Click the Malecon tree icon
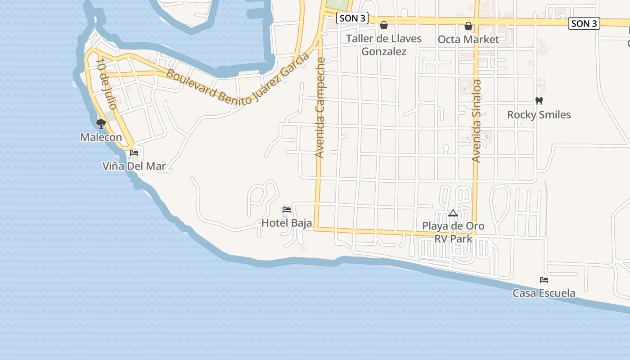coord(101,123)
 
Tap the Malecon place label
coord(101,137)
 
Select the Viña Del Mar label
coord(134,166)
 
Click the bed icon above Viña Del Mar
coord(134,153)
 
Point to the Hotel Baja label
coord(287,223)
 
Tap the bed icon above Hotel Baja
coord(287,209)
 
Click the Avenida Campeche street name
coord(320,108)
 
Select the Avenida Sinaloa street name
coord(477,121)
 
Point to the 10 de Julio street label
coord(106,85)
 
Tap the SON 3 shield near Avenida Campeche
coord(352,18)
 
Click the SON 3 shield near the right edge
coord(584,23)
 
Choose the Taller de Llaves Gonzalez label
coord(384,45)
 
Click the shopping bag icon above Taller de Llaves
coord(384,25)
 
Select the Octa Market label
coord(468,40)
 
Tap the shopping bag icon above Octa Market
coord(468,26)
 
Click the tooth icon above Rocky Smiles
coord(539,101)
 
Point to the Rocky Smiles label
coord(539,115)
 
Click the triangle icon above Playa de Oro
coord(453,213)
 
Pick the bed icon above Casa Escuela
coord(544,279)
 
